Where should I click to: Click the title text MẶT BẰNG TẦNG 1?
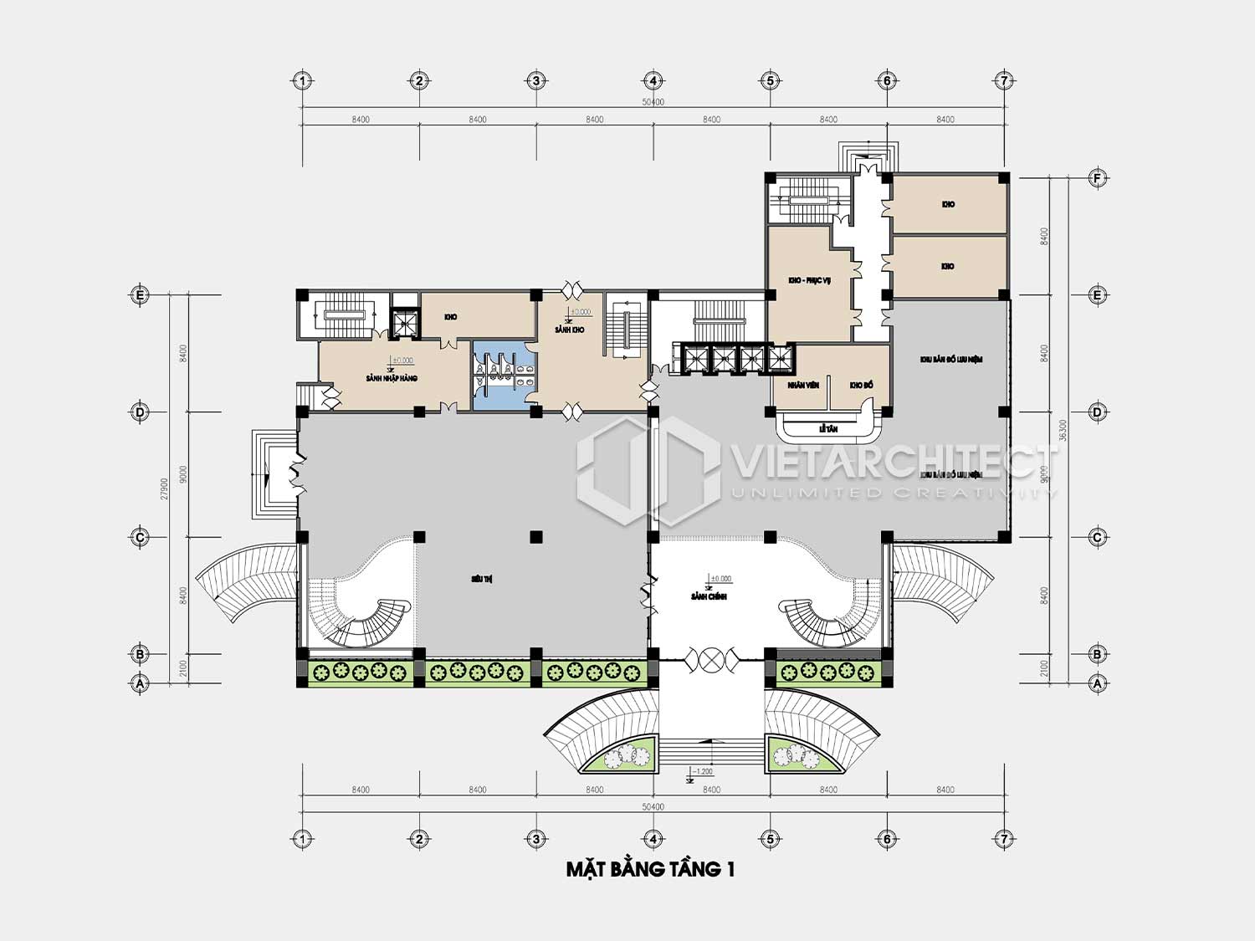coord(650,870)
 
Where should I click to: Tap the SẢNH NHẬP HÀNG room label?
coord(392,379)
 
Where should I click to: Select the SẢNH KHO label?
coord(569,330)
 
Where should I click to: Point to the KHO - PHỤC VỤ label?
coord(808,280)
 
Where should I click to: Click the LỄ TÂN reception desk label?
coord(827,429)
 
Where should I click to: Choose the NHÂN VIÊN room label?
coord(802,385)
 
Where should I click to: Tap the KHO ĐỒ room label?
coord(861,385)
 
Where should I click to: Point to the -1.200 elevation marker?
coord(701,771)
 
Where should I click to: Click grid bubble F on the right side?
coord(1097,178)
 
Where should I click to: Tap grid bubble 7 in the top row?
coord(1003,81)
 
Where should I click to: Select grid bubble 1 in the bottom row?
coord(302,838)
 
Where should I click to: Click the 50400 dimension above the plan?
coord(653,102)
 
